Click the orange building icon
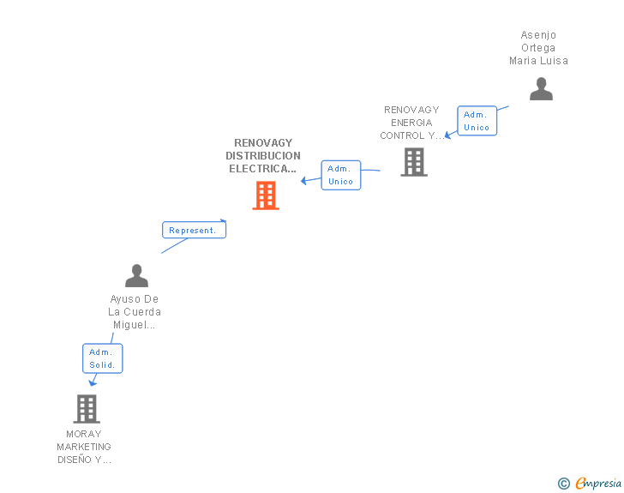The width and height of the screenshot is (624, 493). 266,195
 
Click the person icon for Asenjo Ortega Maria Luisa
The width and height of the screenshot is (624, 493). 541,89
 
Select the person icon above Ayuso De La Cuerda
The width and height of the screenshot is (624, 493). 136,275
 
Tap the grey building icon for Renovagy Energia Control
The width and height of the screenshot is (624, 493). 414,162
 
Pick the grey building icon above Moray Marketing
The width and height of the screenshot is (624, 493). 87,409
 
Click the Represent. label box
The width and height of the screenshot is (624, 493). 195,230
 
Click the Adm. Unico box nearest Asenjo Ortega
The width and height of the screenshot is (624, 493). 477,121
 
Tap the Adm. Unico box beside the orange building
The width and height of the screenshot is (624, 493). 340,175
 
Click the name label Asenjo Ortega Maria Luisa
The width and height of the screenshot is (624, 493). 538,48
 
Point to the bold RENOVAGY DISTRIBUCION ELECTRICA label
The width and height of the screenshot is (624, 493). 263,156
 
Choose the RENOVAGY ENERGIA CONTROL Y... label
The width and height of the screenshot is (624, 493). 411,123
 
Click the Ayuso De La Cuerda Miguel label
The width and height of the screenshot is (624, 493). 135,312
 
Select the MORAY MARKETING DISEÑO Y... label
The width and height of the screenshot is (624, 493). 84,447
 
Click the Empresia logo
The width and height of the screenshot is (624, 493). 598,483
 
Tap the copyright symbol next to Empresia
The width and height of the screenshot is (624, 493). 563,484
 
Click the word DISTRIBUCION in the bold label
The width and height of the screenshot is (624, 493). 263,156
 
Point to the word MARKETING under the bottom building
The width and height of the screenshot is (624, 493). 84,447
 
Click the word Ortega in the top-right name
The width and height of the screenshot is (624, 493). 538,48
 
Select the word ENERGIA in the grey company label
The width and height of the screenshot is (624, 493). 411,123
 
